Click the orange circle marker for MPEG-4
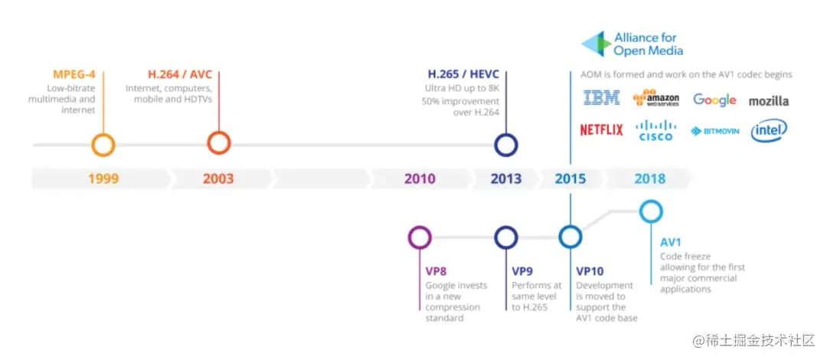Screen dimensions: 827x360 pos(103,145)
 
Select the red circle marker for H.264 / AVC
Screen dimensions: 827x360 pos(219,142)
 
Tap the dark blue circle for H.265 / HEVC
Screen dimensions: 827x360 pos(506,145)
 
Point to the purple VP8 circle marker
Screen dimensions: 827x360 pos(420,237)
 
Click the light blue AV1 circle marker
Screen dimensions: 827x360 pos(650,211)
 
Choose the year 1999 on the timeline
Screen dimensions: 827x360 pos(103,179)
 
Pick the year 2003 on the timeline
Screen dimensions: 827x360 pos(218,179)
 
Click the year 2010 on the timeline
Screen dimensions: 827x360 pos(420,179)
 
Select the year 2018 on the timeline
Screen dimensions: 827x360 pos(649,179)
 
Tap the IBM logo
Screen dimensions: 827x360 pos(602,99)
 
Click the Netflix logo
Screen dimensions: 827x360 pos(601,130)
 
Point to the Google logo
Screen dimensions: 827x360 pos(714,100)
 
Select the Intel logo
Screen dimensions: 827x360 pos(769,131)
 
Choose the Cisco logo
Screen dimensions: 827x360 pos(656,130)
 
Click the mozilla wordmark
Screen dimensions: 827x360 pos(768,100)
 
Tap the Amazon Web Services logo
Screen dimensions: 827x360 pos(656,99)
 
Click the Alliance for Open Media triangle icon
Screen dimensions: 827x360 pos(594,44)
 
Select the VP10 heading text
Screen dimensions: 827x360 pos(590,270)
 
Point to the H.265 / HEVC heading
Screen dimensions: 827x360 pos(463,74)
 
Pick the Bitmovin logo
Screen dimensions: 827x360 pos(715,131)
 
